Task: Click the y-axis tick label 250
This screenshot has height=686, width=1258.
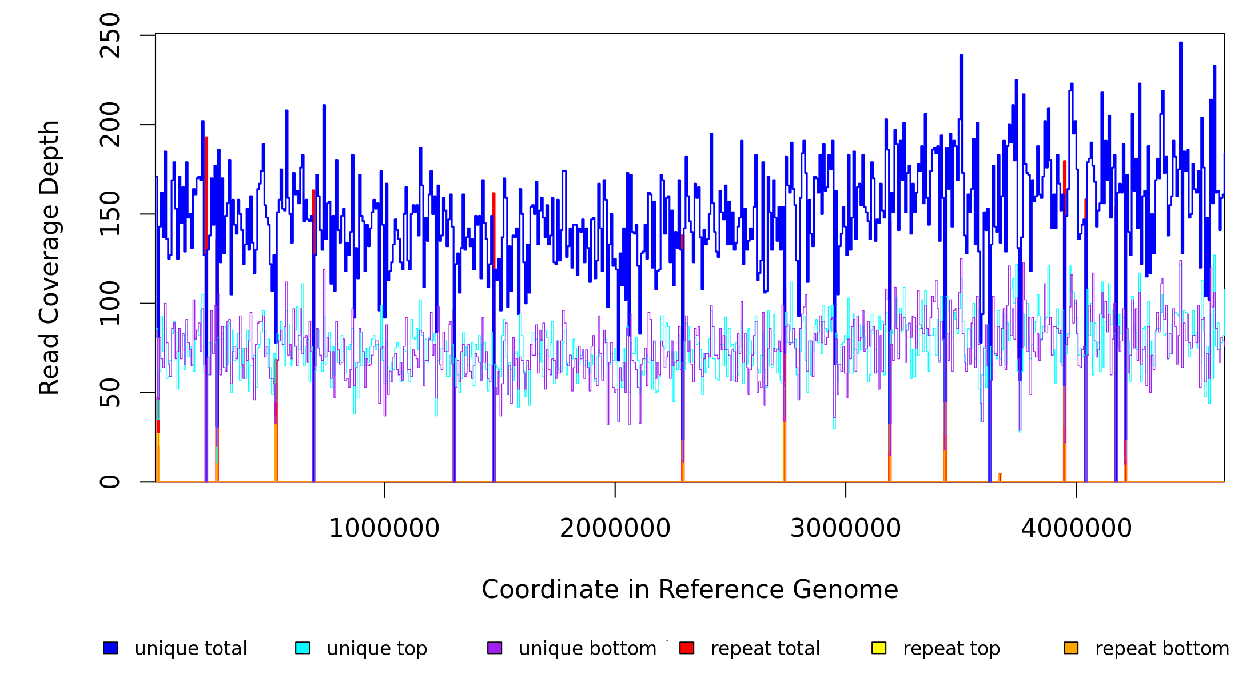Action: point(110,36)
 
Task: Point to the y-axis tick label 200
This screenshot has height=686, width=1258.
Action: point(110,125)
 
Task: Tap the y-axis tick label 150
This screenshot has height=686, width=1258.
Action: point(110,214)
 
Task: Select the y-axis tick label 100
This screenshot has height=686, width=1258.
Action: point(110,303)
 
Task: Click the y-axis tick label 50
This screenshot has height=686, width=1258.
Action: point(110,393)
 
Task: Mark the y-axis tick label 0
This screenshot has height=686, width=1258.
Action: point(110,482)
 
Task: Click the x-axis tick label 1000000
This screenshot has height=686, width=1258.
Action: point(384,528)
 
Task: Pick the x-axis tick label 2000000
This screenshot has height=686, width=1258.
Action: point(615,528)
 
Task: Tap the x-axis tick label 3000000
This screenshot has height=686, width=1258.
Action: point(846,528)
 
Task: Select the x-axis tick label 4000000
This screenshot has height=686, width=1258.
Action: point(1077,528)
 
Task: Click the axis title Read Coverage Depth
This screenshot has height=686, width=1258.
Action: point(49,257)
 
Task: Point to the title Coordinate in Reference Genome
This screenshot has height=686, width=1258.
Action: point(690,590)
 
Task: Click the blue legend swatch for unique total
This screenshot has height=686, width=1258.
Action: point(110,648)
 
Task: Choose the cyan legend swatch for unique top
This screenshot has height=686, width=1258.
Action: point(302,648)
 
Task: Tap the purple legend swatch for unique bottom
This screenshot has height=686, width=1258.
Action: point(495,648)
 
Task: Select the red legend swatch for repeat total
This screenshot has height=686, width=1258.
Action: point(687,648)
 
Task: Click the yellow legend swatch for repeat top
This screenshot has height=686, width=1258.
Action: point(879,648)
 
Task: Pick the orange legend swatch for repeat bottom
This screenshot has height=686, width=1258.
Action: point(1071,648)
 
